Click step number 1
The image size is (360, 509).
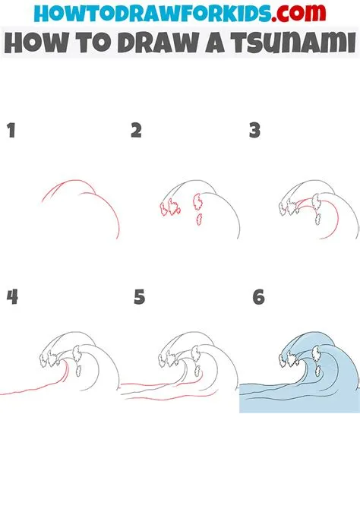(11, 131)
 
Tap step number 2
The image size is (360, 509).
(136, 131)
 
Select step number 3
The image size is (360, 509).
(254, 131)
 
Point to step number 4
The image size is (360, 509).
(11, 297)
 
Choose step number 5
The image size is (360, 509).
(139, 297)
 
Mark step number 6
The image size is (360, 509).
(258, 297)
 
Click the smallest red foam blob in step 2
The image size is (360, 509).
(199, 220)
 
